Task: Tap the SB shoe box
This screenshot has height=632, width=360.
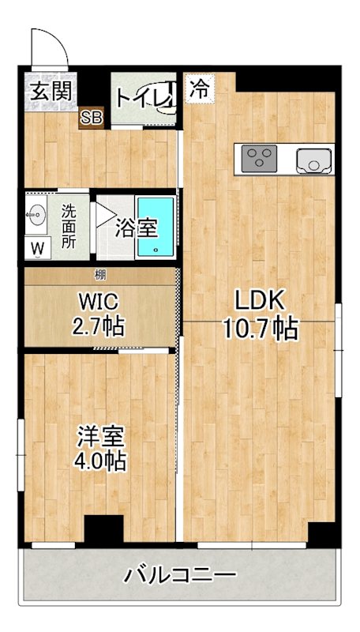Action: (x=91, y=118)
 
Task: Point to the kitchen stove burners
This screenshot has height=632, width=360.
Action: (x=257, y=160)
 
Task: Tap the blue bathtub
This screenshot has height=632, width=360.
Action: (x=155, y=228)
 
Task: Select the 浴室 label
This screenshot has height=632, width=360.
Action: (x=135, y=228)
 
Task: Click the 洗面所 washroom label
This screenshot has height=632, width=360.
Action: (x=69, y=227)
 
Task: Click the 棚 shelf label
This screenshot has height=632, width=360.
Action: (x=100, y=275)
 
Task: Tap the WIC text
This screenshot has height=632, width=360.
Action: (x=99, y=301)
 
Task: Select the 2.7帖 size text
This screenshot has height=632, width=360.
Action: (x=99, y=325)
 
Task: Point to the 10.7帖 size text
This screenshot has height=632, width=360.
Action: (x=260, y=327)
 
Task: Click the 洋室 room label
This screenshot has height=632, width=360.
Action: (x=99, y=434)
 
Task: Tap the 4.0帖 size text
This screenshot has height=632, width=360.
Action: (x=99, y=461)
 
